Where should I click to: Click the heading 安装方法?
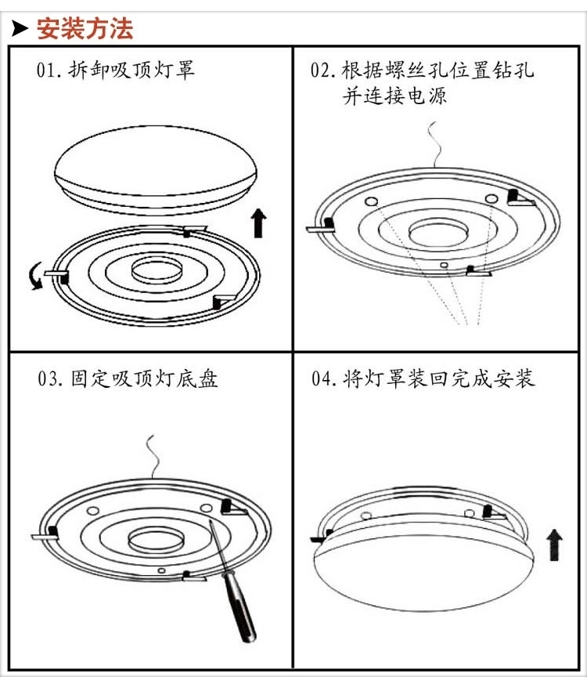coord(85,29)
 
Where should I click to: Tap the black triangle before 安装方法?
coord(21,30)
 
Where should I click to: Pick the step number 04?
coord(323,379)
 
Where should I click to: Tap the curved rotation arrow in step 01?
coord(34,277)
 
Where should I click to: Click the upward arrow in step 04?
coord(554,544)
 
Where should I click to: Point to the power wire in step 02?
coord(430,145)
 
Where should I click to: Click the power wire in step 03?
coord(154,458)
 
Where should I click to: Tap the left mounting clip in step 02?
coord(320,228)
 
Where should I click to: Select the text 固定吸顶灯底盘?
coord(144,379)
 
